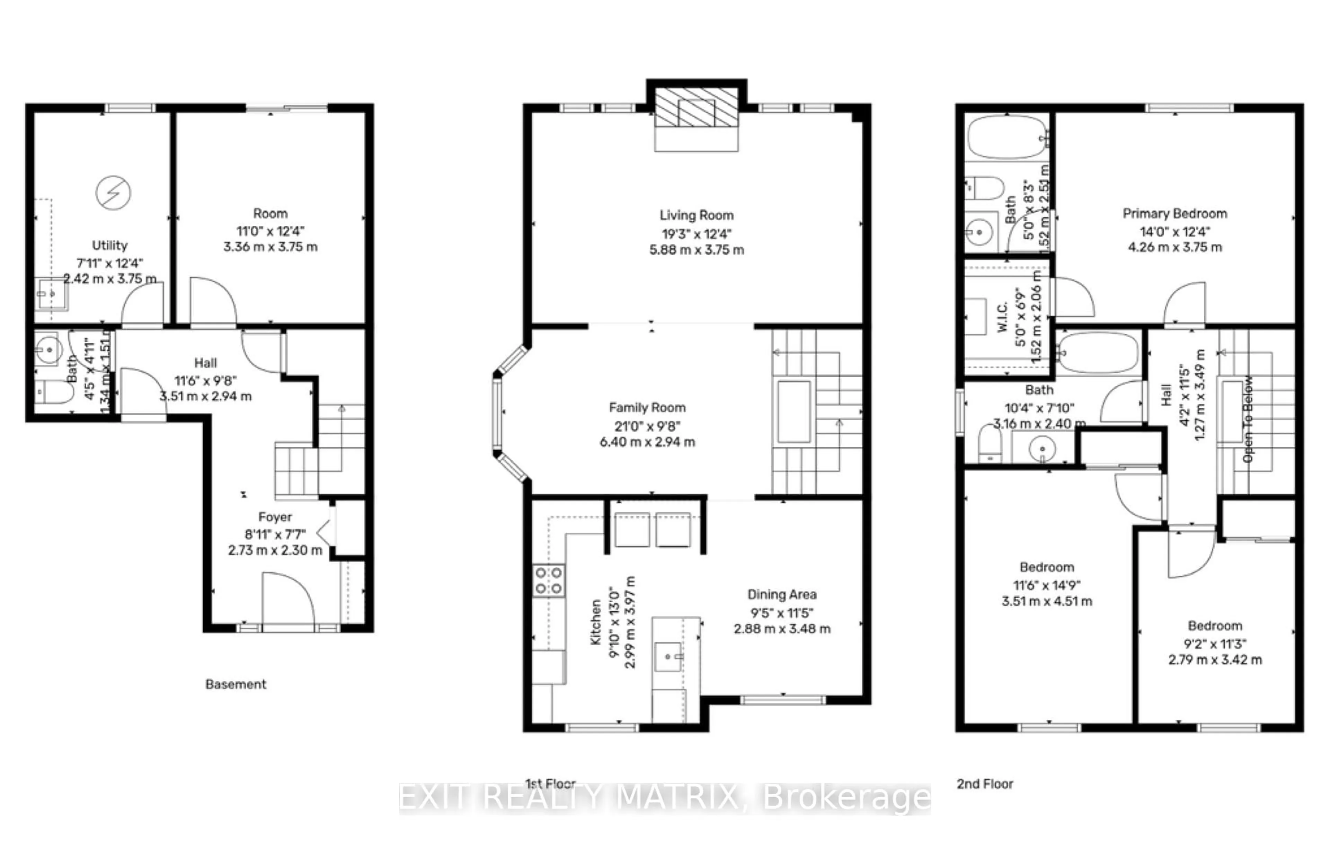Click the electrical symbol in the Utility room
click(113, 193)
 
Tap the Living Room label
click(697, 215)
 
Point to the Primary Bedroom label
click(1175, 214)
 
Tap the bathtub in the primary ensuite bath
click(1007, 137)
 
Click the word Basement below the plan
click(236, 684)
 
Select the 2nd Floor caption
click(985, 784)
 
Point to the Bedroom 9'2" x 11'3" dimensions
click(1215, 644)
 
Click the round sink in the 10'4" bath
click(1042, 448)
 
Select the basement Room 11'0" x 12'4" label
click(270, 213)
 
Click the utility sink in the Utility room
click(51, 294)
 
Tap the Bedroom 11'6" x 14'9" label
click(1047, 567)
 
